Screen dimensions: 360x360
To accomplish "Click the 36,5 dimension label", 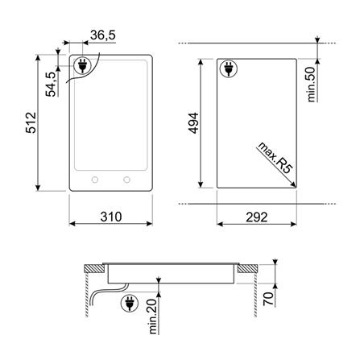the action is pos(103,35).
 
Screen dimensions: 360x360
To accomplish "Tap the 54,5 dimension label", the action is pos(51,84).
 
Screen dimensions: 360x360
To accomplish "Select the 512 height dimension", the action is pos(31,122).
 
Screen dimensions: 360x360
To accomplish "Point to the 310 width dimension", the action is pos(111,217).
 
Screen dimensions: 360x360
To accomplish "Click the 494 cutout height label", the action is pos(193,123).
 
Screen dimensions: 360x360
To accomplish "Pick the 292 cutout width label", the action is pos(257,217).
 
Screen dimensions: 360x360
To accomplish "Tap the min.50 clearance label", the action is pos(311,85).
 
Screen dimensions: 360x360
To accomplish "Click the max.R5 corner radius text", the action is pos(275,158).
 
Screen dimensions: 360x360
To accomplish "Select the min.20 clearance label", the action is pos(152,317).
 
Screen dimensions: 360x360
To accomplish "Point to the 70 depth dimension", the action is pos(268,299).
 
